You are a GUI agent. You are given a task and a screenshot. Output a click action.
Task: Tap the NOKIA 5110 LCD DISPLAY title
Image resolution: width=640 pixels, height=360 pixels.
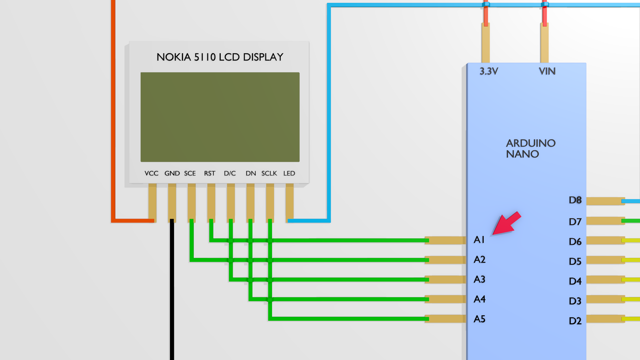tap(220, 57)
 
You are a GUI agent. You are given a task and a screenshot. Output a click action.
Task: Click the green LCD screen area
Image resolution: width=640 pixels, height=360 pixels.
tap(220, 117)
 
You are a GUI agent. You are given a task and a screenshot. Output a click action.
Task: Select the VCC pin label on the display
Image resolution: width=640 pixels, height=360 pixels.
tap(151, 173)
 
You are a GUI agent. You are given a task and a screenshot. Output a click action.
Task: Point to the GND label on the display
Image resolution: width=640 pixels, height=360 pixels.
tap(172, 173)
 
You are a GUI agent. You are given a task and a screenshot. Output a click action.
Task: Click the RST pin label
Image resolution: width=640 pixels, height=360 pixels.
tap(210, 173)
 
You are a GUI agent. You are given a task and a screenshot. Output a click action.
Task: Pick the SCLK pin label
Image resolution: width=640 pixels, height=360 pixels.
tap(269, 173)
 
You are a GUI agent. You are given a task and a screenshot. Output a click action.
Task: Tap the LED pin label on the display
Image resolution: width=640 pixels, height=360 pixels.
tap(289, 173)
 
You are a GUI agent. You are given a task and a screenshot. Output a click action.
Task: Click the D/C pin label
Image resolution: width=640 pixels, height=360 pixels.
tap(230, 173)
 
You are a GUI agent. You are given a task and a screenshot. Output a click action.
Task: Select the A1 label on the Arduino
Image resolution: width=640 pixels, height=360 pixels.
tap(479, 240)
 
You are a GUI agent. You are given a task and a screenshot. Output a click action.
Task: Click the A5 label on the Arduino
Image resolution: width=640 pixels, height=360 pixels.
tap(480, 319)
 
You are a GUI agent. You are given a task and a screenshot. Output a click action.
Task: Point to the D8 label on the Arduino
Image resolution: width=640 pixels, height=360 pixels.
tap(575, 200)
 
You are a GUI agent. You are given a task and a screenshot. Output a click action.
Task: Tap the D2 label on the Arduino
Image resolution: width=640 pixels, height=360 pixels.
tap(575, 321)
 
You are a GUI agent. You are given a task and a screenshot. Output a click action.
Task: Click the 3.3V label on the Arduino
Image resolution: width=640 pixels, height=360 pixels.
tap(489, 71)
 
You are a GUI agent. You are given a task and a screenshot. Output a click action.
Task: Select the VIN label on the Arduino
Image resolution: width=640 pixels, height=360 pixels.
tap(547, 71)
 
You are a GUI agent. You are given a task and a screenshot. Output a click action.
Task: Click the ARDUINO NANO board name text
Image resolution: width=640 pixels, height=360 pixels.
tap(530, 148)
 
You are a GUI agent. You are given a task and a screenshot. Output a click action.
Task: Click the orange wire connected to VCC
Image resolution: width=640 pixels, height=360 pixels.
tap(113, 110)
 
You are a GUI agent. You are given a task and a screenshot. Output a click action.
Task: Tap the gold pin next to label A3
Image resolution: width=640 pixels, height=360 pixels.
tap(445, 279)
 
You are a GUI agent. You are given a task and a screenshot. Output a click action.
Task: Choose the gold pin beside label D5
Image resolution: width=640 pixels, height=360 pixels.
tap(605, 260)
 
